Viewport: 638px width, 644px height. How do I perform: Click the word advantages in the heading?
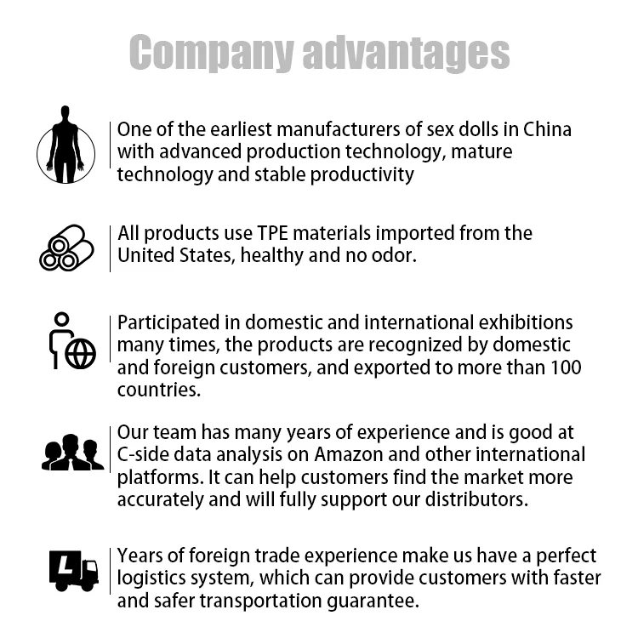click(406, 53)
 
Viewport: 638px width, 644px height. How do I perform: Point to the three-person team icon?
click(71, 453)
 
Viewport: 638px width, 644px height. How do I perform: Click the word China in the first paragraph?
click(547, 130)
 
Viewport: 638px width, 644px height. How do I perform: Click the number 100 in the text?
click(565, 368)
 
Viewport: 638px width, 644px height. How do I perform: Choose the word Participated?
click(165, 323)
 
